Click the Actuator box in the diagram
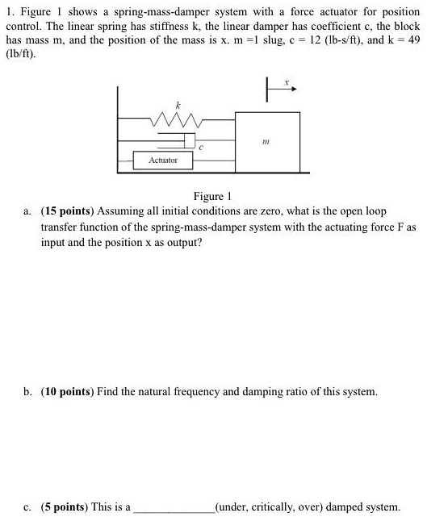point(163,161)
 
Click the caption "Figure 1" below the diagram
point(213,197)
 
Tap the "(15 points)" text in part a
point(74,211)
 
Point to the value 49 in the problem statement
point(412,39)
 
